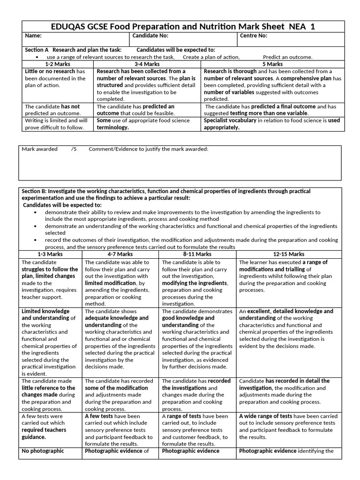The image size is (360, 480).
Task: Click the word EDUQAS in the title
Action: [69, 27]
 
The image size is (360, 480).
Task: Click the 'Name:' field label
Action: [33, 36]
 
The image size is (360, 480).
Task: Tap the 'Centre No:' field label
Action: [254, 36]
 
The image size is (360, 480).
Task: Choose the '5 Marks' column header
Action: [272, 64]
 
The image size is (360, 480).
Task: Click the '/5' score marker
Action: [73, 149]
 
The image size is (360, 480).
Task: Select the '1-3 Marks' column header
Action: [50, 254]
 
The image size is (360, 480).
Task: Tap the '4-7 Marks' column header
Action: [120, 254]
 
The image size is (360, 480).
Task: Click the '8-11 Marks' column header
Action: [197, 254]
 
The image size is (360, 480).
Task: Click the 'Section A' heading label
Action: [37, 50]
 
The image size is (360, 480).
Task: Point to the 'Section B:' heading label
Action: [35, 191]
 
